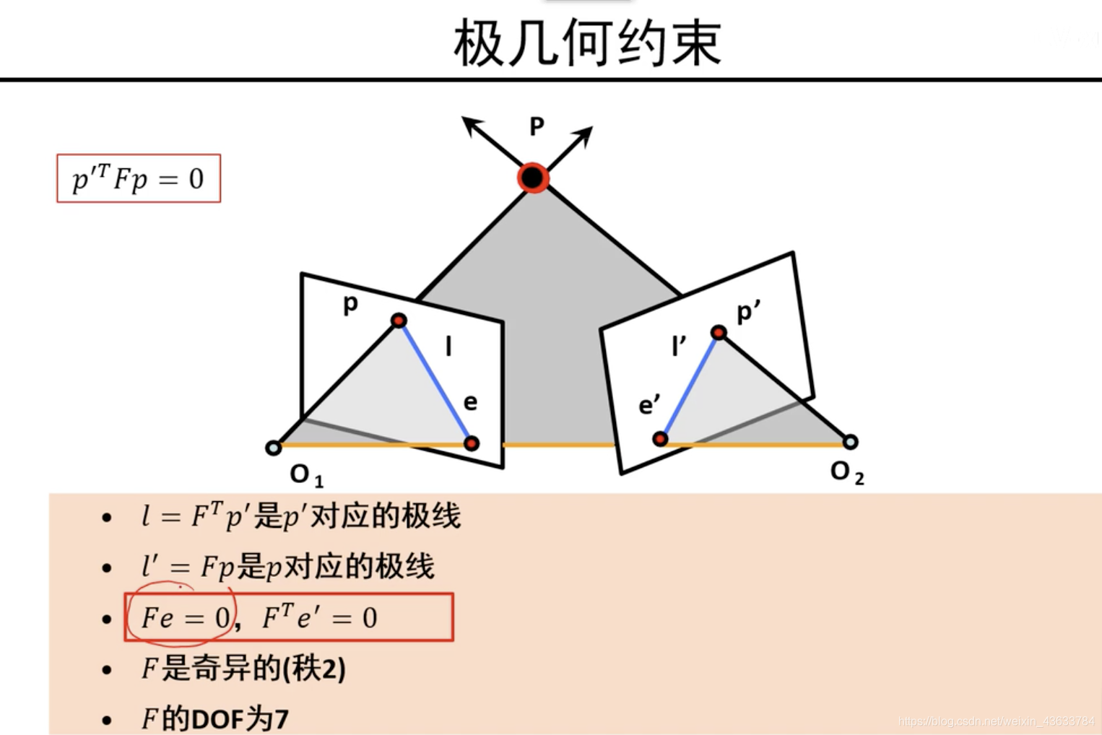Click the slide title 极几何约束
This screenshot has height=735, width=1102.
click(x=587, y=43)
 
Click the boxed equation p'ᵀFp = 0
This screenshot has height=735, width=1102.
click(x=138, y=178)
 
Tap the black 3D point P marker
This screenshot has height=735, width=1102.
click(x=533, y=178)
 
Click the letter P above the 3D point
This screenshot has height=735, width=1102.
click(x=537, y=126)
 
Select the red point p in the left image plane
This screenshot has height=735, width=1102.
click(x=399, y=321)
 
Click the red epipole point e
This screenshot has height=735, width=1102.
click(x=472, y=443)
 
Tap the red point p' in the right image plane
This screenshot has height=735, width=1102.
click(x=719, y=332)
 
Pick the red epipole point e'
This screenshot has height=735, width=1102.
click(x=660, y=438)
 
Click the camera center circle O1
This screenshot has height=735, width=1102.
click(x=274, y=448)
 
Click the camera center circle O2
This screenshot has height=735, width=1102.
click(x=850, y=442)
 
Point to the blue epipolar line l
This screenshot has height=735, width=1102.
click(x=435, y=382)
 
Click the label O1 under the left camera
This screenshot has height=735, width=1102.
click(x=306, y=475)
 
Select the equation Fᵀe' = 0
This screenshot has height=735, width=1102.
click(x=319, y=617)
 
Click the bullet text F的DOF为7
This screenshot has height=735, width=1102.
click(x=215, y=718)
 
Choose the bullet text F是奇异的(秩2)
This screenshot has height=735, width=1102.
click(x=243, y=668)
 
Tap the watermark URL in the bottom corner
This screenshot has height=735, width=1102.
click(x=996, y=721)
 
